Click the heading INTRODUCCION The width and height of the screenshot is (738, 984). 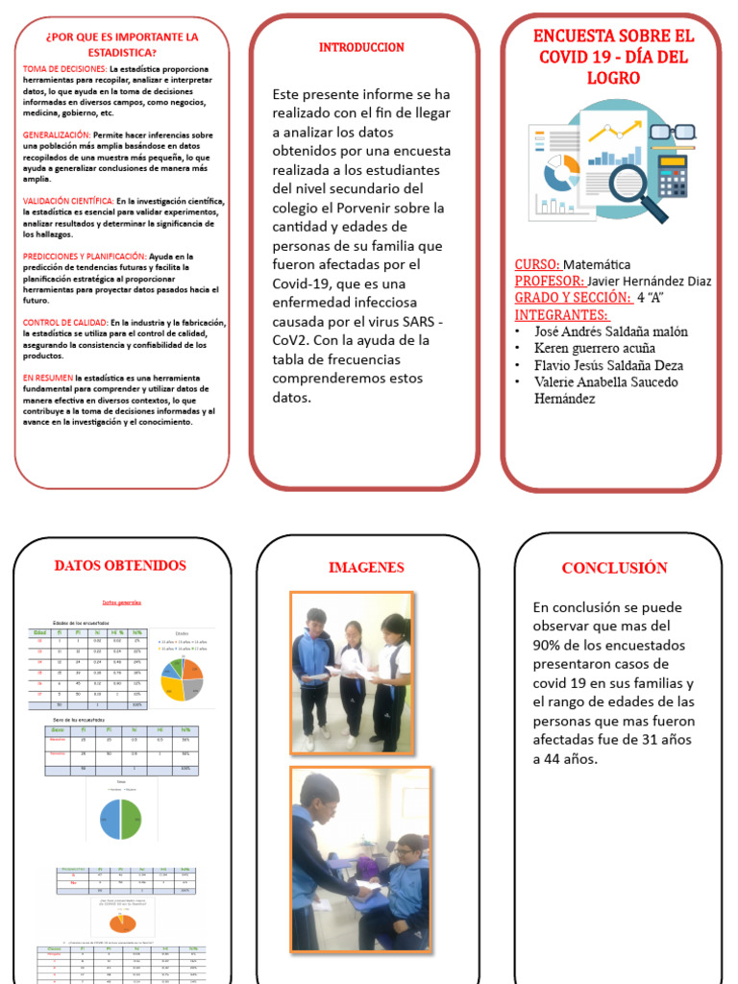[x=361, y=47]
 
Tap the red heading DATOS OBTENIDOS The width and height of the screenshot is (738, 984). [x=120, y=565]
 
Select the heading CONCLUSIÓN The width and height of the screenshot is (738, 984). [x=614, y=568]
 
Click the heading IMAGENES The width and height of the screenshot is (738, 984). [x=366, y=567]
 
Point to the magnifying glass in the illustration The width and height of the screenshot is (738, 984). [x=634, y=188]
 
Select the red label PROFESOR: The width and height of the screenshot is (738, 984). [x=549, y=281]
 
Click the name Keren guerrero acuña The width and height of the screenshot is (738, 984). [x=596, y=348]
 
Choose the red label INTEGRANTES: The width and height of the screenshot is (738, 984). [x=561, y=314]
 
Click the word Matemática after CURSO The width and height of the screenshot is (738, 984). [x=597, y=263]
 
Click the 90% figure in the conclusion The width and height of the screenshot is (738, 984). [x=549, y=644]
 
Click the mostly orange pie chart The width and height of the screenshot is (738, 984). [x=121, y=922]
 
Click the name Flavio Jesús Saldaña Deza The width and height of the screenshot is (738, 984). [x=608, y=365]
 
